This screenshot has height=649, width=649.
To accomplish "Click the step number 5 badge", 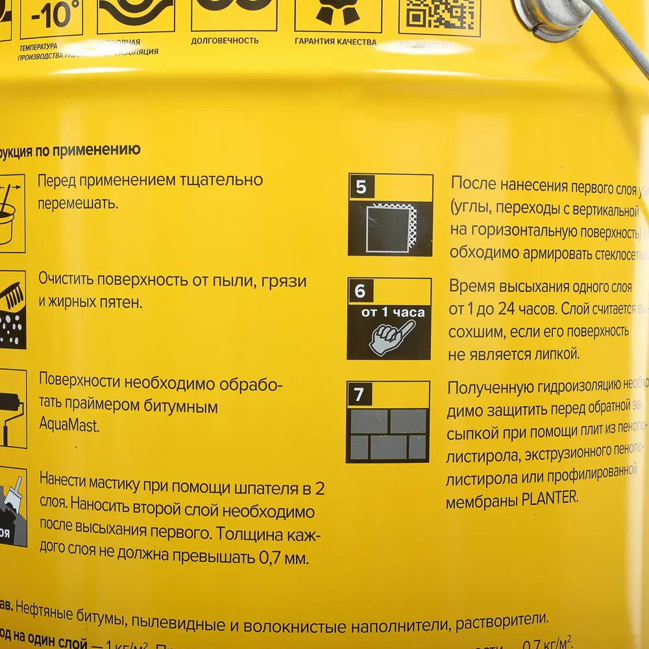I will pos(361,187).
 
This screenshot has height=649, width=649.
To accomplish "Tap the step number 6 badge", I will pos(360,291).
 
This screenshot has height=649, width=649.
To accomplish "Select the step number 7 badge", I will pos(359,395).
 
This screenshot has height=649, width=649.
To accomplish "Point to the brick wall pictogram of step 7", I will pos(389,434).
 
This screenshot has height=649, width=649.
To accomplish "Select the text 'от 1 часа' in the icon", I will pos(393,313).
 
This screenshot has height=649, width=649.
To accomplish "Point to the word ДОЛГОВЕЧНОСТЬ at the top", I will pos(225,41).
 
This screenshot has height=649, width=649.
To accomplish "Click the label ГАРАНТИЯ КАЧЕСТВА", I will pos(335,42).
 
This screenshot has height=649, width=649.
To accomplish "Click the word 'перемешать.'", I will pos(77,203).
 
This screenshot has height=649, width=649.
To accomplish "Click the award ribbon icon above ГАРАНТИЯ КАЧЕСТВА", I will pos(335,12).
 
